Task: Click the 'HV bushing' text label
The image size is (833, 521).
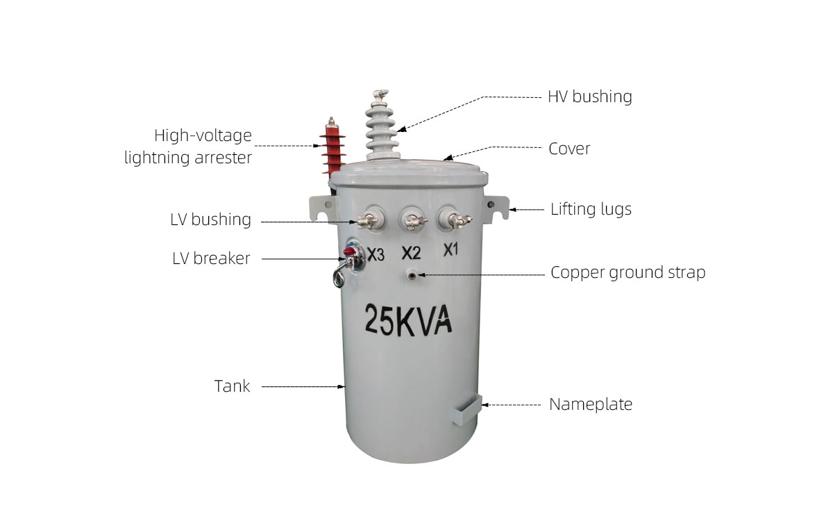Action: [589, 97]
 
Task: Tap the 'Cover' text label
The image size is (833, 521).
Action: [569, 149]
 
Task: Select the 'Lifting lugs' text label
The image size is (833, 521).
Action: [591, 209]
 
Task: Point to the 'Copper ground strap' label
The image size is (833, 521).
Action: [628, 272]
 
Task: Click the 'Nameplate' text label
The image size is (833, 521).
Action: [591, 404]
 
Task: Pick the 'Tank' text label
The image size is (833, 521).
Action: [232, 386]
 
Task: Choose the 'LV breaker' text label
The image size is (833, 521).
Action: [211, 258]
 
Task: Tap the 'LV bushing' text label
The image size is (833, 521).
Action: [211, 220]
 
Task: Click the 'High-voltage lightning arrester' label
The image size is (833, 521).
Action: [188, 146]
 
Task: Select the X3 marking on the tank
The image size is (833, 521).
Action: [376, 255]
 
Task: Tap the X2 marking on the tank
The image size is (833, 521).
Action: [411, 253]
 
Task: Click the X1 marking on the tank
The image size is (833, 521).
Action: [451, 249]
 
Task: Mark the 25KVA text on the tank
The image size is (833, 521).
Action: [409, 320]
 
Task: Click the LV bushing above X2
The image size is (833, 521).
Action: [411, 220]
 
